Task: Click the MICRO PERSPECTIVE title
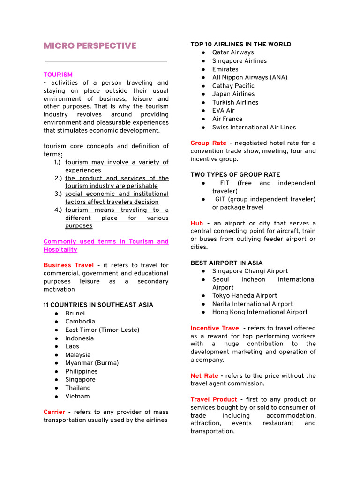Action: pyautogui.click(x=90, y=45)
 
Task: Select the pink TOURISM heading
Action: pyautogui.click(x=58, y=75)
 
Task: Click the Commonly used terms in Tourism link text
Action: pyautogui.click(x=106, y=242)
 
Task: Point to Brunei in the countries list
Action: pyautogui.click(x=75, y=313)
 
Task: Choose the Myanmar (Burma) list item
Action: pyautogui.click(x=92, y=363)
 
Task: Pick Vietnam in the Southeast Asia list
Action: pyautogui.click(x=77, y=396)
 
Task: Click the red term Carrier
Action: pyautogui.click(x=54, y=412)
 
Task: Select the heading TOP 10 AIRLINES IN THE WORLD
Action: pyautogui.click(x=241, y=45)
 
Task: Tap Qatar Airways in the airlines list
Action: pyautogui.click(x=233, y=52)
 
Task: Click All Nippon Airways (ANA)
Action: pyautogui.click(x=250, y=77)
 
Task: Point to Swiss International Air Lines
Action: pyautogui.click(x=254, y=127)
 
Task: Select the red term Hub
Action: pyautogui.click(x=197, y=223)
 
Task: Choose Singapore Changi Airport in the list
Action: pyautogui.click(x=250, y=271)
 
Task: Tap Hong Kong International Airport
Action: pyautogui.click(x=260, y=312)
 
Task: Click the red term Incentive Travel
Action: pyautogui.click(x=216, y=328)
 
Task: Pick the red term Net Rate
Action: pyautogui.click(x=204, y=376)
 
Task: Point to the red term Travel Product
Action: pyautogui.click(x=214, y=399)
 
